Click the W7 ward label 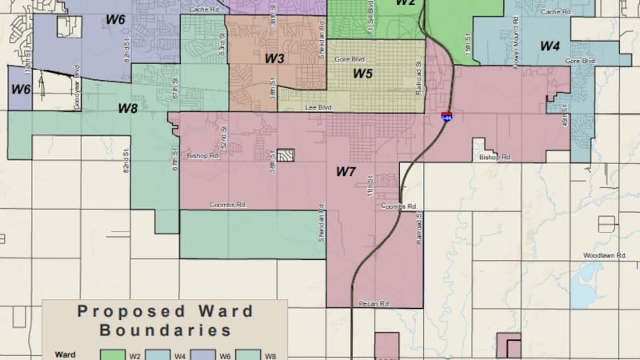tap(345, 171)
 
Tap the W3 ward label tap(274, 58)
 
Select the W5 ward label tap(363, 74)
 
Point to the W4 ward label tap(549, 46)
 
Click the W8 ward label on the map tap(129, 107)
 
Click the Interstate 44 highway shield tap(446, 116)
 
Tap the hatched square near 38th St tap(286, 155)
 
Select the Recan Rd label tap(373, 304)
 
